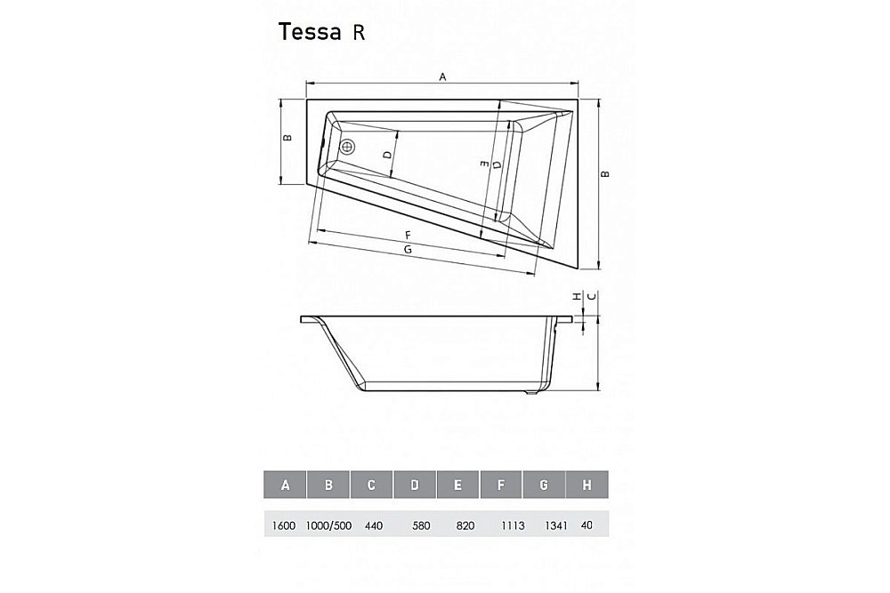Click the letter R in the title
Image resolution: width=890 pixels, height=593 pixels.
coord(355,33)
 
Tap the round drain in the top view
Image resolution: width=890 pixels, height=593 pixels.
coord(348,148)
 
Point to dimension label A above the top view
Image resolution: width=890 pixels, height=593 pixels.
coord(442,77)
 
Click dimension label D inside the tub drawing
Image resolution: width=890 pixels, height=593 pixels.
coord(387,155)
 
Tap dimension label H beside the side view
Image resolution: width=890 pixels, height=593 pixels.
coord(576,296)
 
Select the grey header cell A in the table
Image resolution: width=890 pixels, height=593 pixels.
coord(285,485)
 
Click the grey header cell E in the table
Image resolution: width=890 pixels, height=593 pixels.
coord(457,485)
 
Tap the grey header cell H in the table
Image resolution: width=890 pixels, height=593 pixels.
coord(587,485)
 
